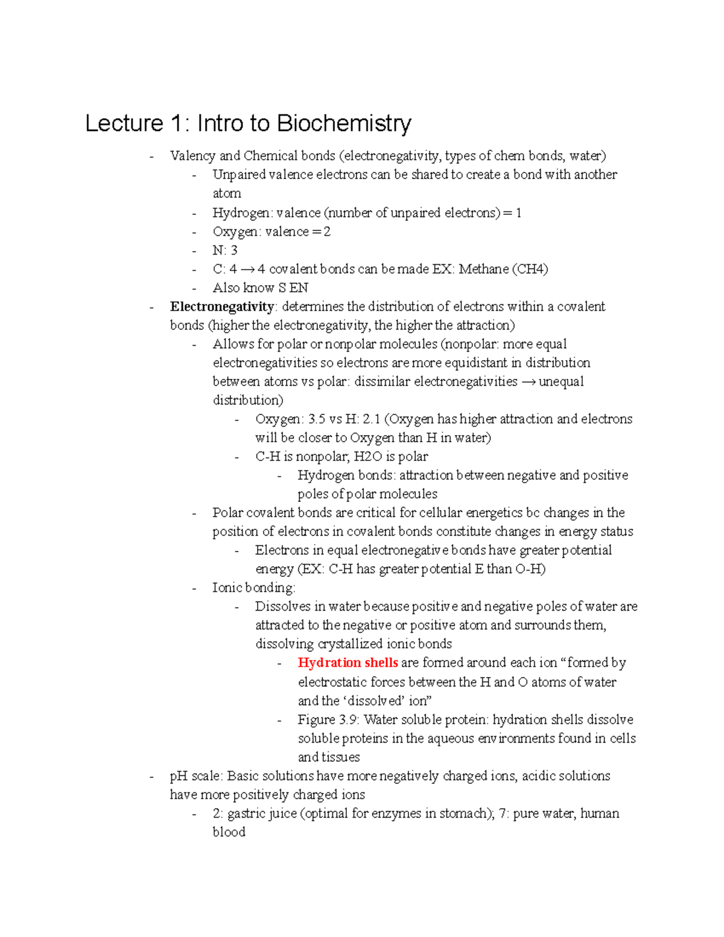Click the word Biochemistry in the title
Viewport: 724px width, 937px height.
pyautogui.click(x=344, y=123)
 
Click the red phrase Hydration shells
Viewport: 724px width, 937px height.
pyautogui.click(x=348, y=662)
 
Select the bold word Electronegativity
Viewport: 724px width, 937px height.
pyautogui.click(x=221, y=307)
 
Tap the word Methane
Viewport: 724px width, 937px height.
pyautogui.click(x=483, y=269)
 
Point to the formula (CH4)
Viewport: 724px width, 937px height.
pyautogui.click(x=530, y=269)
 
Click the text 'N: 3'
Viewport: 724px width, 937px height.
pyautogui.click(x=225, y=250)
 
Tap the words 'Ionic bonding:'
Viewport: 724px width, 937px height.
pyautogui.click(x=253, y=588)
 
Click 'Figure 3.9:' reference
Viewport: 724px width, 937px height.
pyautogui.click(x=329, y=719)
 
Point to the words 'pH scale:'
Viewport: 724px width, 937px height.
pyautogui.click(x=196, y=776)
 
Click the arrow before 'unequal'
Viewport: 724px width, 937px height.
pyautogui.click(x=528, y=381)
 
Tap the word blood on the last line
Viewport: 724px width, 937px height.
pyautogui.click(x=229, y=832)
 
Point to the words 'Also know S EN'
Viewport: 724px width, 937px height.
pyautogui.click(x=260, y=288)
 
